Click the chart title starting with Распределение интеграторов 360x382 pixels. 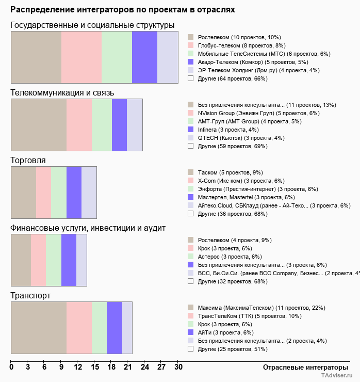tap(123, 10)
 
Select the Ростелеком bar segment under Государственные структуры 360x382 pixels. tap(36, 57)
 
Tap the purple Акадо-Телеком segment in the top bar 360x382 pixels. tap(144, 57)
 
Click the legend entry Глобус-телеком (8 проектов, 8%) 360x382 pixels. tap(237, 45)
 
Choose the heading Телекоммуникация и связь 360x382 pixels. tap(62, 92)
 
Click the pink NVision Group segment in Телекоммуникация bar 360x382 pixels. tap(79, 125)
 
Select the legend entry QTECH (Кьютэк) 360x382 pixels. tap(234, 137)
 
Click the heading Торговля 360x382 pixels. tap(28, 161)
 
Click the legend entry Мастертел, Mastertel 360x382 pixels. tap(242, 197)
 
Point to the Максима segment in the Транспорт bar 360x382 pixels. tap(39, 328)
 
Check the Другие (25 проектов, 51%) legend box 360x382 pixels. tap(190, 349)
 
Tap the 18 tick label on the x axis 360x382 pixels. tap(111, 368)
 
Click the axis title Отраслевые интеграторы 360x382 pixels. tap(302, 368)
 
